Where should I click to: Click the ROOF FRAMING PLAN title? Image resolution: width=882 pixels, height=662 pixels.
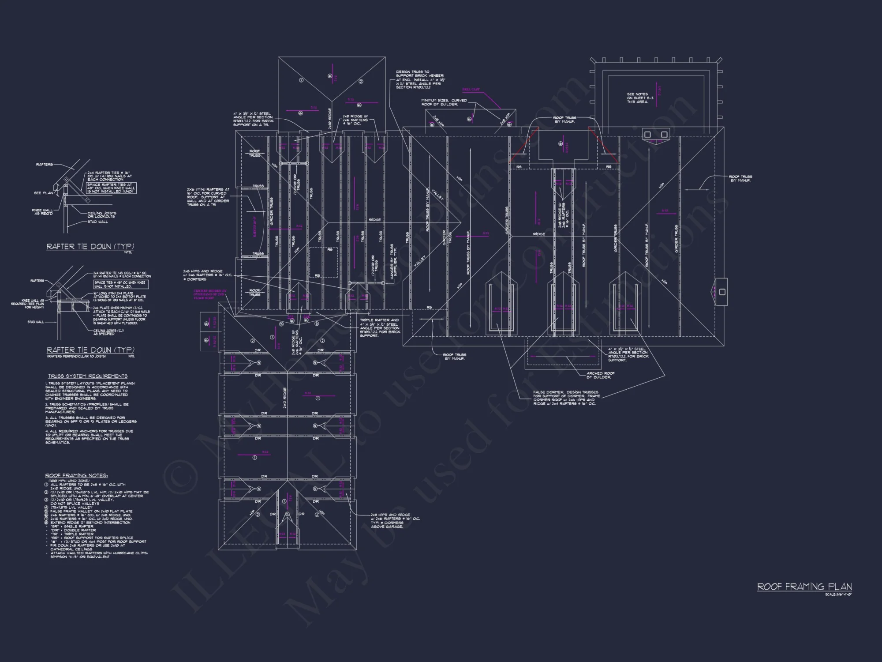(804, 587)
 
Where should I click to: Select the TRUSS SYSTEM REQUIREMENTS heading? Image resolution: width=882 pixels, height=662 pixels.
(88, 376)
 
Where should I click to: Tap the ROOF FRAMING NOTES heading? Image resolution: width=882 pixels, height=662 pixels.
(76, 475)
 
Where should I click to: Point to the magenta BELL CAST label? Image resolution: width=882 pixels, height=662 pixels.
(471, 90)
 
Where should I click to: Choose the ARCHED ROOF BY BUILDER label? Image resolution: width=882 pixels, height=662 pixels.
(600, 375)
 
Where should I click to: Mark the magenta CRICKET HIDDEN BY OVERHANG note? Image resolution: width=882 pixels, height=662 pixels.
(210, 294)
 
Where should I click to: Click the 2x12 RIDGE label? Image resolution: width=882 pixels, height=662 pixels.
(285, 398)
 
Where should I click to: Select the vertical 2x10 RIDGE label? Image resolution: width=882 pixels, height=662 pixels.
(330, 118)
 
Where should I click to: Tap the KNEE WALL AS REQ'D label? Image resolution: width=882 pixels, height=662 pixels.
(42, 212)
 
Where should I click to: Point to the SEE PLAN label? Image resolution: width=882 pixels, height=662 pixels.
(43, 193)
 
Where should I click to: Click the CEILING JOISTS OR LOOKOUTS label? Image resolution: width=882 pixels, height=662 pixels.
(102, 214)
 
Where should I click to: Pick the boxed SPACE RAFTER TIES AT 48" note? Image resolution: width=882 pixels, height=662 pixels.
(111, 188)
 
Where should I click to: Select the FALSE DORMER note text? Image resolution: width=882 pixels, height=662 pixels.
(566, 398)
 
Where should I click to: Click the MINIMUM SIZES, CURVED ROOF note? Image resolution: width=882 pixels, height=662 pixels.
(444, 102)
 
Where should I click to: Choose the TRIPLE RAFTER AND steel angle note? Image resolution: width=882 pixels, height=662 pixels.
(380, 328)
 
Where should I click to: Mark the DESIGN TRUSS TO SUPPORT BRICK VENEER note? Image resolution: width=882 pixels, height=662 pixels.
(419, 79)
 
